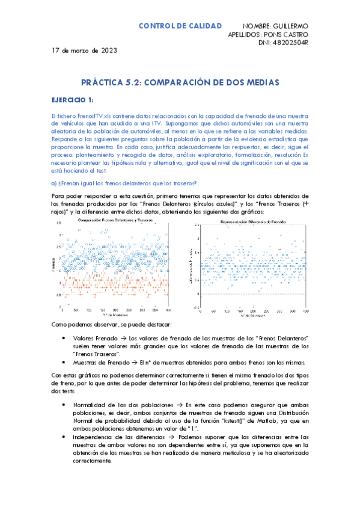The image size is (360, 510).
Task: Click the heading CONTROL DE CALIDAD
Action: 180,26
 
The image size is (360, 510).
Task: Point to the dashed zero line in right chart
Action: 258,294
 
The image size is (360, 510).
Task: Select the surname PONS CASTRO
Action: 285,35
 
